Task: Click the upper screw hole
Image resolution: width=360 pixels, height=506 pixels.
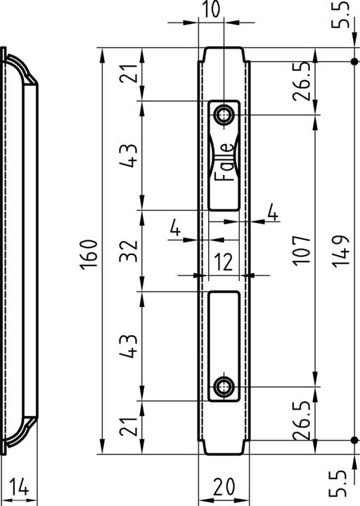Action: tap(225, 114)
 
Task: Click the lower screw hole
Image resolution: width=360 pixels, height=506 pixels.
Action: tap(225, 385)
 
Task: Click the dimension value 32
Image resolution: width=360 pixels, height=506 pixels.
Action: tap(127, 250)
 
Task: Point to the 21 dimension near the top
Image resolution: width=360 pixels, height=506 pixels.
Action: tap(127, 72)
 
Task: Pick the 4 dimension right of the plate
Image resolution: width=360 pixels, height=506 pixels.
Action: tap(272, 212)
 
